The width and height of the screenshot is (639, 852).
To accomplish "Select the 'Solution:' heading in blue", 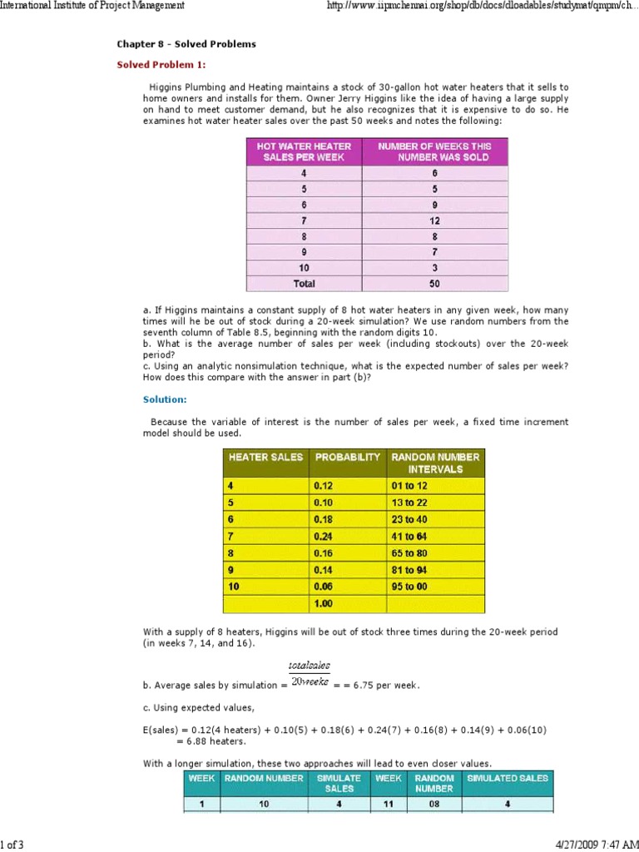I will pyautogui.click(x=165, y=399).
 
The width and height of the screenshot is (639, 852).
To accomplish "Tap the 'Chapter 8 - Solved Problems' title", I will pyautogui.click(x=186, y=43).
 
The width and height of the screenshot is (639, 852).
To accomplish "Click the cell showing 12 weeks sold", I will pyautogui.click(x=434, y=220).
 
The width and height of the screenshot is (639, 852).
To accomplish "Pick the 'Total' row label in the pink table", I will pyautogui.click(x=304, y=284).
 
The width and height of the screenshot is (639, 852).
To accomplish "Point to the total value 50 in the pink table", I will pyautogui.click(x=434, y=284).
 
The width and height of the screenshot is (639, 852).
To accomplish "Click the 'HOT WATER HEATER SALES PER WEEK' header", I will pyautogui.click(x=304, y=151).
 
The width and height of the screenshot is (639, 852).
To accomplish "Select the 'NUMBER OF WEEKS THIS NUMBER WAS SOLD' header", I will pyautogui.click(x=434, y=151).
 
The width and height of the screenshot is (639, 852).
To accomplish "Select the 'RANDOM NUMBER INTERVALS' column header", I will pyautogui.click(x=435, y=463).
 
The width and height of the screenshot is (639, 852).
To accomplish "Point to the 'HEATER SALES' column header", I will pyautogui.click(x=265, y=457).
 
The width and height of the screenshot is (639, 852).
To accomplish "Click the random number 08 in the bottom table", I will pyautogui.click(x=434, y=805).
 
